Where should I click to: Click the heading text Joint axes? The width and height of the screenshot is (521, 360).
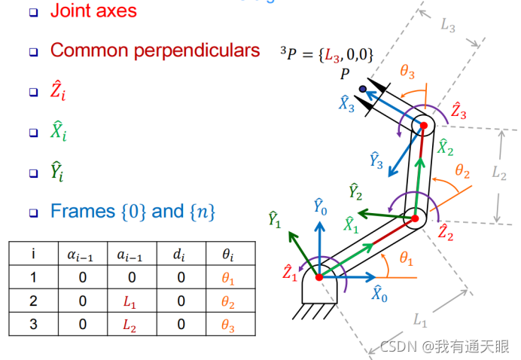coord(93,11)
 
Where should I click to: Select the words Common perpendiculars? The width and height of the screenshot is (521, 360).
coord(155,51)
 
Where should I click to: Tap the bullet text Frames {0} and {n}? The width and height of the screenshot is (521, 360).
coord(133,212)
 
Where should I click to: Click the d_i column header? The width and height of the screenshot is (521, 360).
coord(178,254)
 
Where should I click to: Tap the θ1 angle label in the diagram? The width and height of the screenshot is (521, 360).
coord(407,260)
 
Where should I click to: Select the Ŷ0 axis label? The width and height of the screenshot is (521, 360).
coord(320,206)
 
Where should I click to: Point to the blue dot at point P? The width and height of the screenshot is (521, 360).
coord(363,90)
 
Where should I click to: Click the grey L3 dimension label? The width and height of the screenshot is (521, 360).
coord(448,24)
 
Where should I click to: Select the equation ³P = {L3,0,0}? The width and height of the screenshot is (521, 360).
coord(328,53)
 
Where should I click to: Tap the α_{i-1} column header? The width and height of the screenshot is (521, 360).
coord(82,254)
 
